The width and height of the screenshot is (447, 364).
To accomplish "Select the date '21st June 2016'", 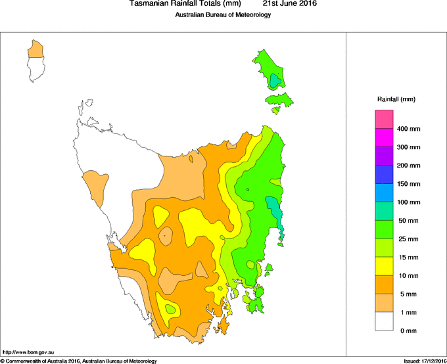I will coord(290,4).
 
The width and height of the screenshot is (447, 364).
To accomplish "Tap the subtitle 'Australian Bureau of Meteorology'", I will coord(223,15).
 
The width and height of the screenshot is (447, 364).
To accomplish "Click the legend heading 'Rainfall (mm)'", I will coord(396,99).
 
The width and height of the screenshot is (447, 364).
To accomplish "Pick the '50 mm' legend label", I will coord(410,221).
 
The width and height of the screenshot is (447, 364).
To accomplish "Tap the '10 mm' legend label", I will coord(410,275).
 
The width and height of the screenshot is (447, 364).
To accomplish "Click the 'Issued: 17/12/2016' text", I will coord(425,361).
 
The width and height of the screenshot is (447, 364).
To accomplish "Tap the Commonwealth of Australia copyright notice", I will coord(79,361).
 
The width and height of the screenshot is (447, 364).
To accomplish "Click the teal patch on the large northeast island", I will coord(275,81).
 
